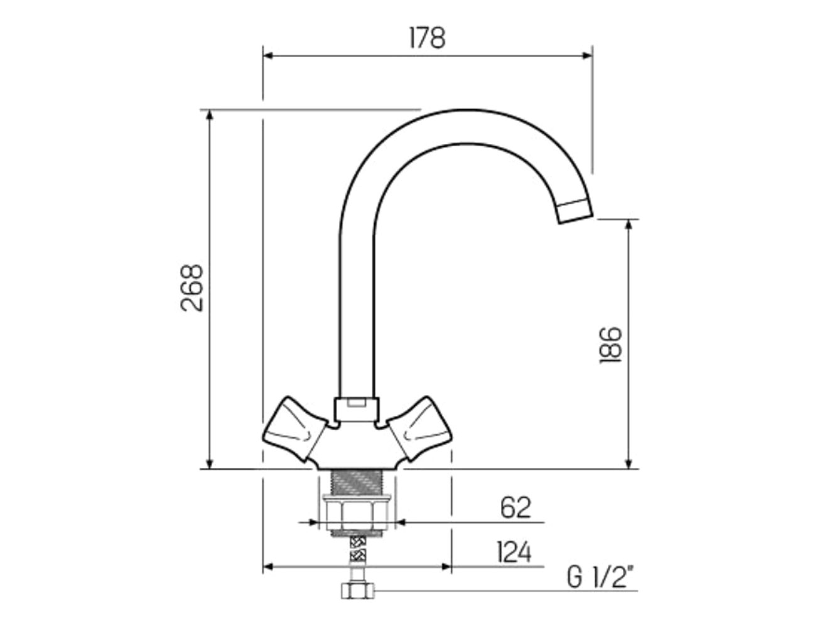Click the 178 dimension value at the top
point(427,38)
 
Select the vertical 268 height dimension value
point(192,288)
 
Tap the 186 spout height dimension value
point(610,345)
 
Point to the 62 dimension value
point(516,507)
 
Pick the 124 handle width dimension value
point(514,552)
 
